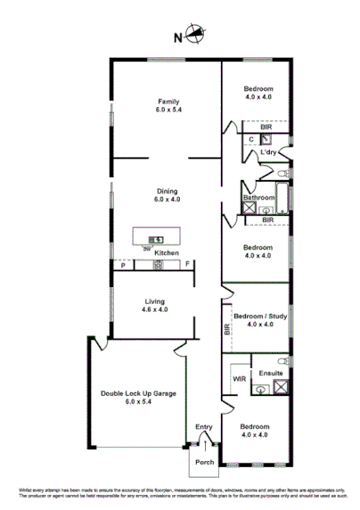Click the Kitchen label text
click(167, 253)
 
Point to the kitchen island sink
click(156, 238)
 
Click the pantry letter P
click(122, 265)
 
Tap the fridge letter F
click(188, 265)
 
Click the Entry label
click(204, 428)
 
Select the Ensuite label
click(271, 373)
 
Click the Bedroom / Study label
click(259, 318)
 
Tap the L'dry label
click(269, 153)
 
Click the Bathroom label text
click(259, 197)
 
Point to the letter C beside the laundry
click(251, 140)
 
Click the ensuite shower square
click(282, 388)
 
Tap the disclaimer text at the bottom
click(180, 493)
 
